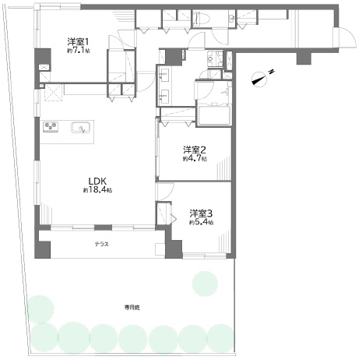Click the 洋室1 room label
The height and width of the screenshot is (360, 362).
(x=79, y=41)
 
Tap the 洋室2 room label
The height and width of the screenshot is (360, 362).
(x=195, y=150)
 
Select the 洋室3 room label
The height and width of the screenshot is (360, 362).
(x=201, y=214)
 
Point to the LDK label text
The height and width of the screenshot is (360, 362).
(x=97, y=181)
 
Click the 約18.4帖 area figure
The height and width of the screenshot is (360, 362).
(x=97, y=190)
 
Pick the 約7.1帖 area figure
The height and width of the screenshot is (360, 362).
(x=79, y=51)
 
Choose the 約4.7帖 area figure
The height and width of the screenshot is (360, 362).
(x=195, y=158)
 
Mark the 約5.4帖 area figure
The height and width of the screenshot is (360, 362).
(x=202, y=222)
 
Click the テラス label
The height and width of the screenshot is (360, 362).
(x=101, y=244)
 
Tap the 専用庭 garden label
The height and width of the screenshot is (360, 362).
(x=132, y=308)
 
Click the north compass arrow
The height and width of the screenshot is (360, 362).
(x=260, y=79)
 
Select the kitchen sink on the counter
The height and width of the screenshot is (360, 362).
(x=81, y=127)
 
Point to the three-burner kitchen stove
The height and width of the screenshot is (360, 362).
(x=51, y=127)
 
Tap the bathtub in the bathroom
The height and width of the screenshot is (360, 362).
(x=213, y=115)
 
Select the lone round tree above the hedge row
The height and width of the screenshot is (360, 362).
(x=205, y=284)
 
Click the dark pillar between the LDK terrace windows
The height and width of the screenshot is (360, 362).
(x=103, y=228)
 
